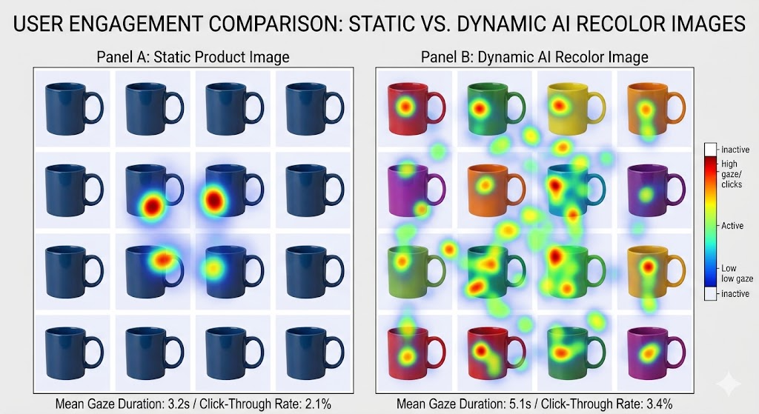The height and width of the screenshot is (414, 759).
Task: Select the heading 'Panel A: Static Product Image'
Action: (x=193, y=57)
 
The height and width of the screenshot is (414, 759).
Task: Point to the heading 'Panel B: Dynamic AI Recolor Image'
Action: (x=534, y=57)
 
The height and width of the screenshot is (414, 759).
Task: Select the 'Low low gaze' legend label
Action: (x=729, y=273)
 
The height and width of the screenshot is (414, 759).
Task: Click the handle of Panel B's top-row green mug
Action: (x=523, y=106)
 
